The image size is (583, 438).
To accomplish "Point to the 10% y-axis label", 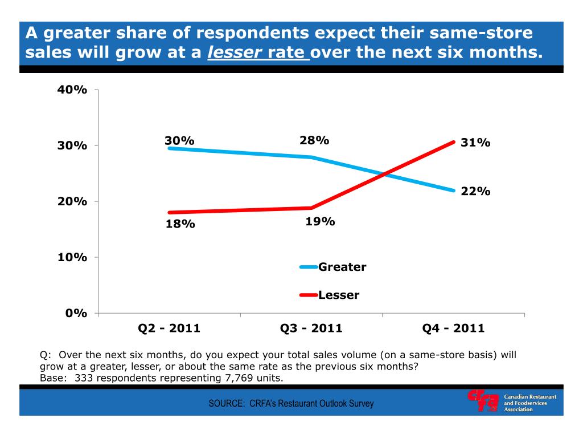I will coord(72,257).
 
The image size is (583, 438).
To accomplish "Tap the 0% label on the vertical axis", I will coord(76,313).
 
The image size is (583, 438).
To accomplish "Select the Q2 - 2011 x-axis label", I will coord(169,328).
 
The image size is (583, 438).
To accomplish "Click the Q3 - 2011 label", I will coord(311,328).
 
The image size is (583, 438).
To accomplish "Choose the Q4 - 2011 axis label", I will coord(453,328).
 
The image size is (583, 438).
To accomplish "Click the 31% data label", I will coord(475,143).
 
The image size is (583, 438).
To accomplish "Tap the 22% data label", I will coord(475,192).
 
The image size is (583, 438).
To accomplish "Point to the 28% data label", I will coord(314,140).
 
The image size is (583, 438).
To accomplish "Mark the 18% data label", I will coord(180,224).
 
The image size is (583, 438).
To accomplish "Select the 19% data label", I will coord(320,221).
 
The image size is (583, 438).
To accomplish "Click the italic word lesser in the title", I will coord(234,53).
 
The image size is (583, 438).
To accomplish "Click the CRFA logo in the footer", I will coord(483,400).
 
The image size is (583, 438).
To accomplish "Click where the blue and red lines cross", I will coord(385,173).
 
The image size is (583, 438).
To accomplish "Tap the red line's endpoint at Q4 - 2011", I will coord(454,141).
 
